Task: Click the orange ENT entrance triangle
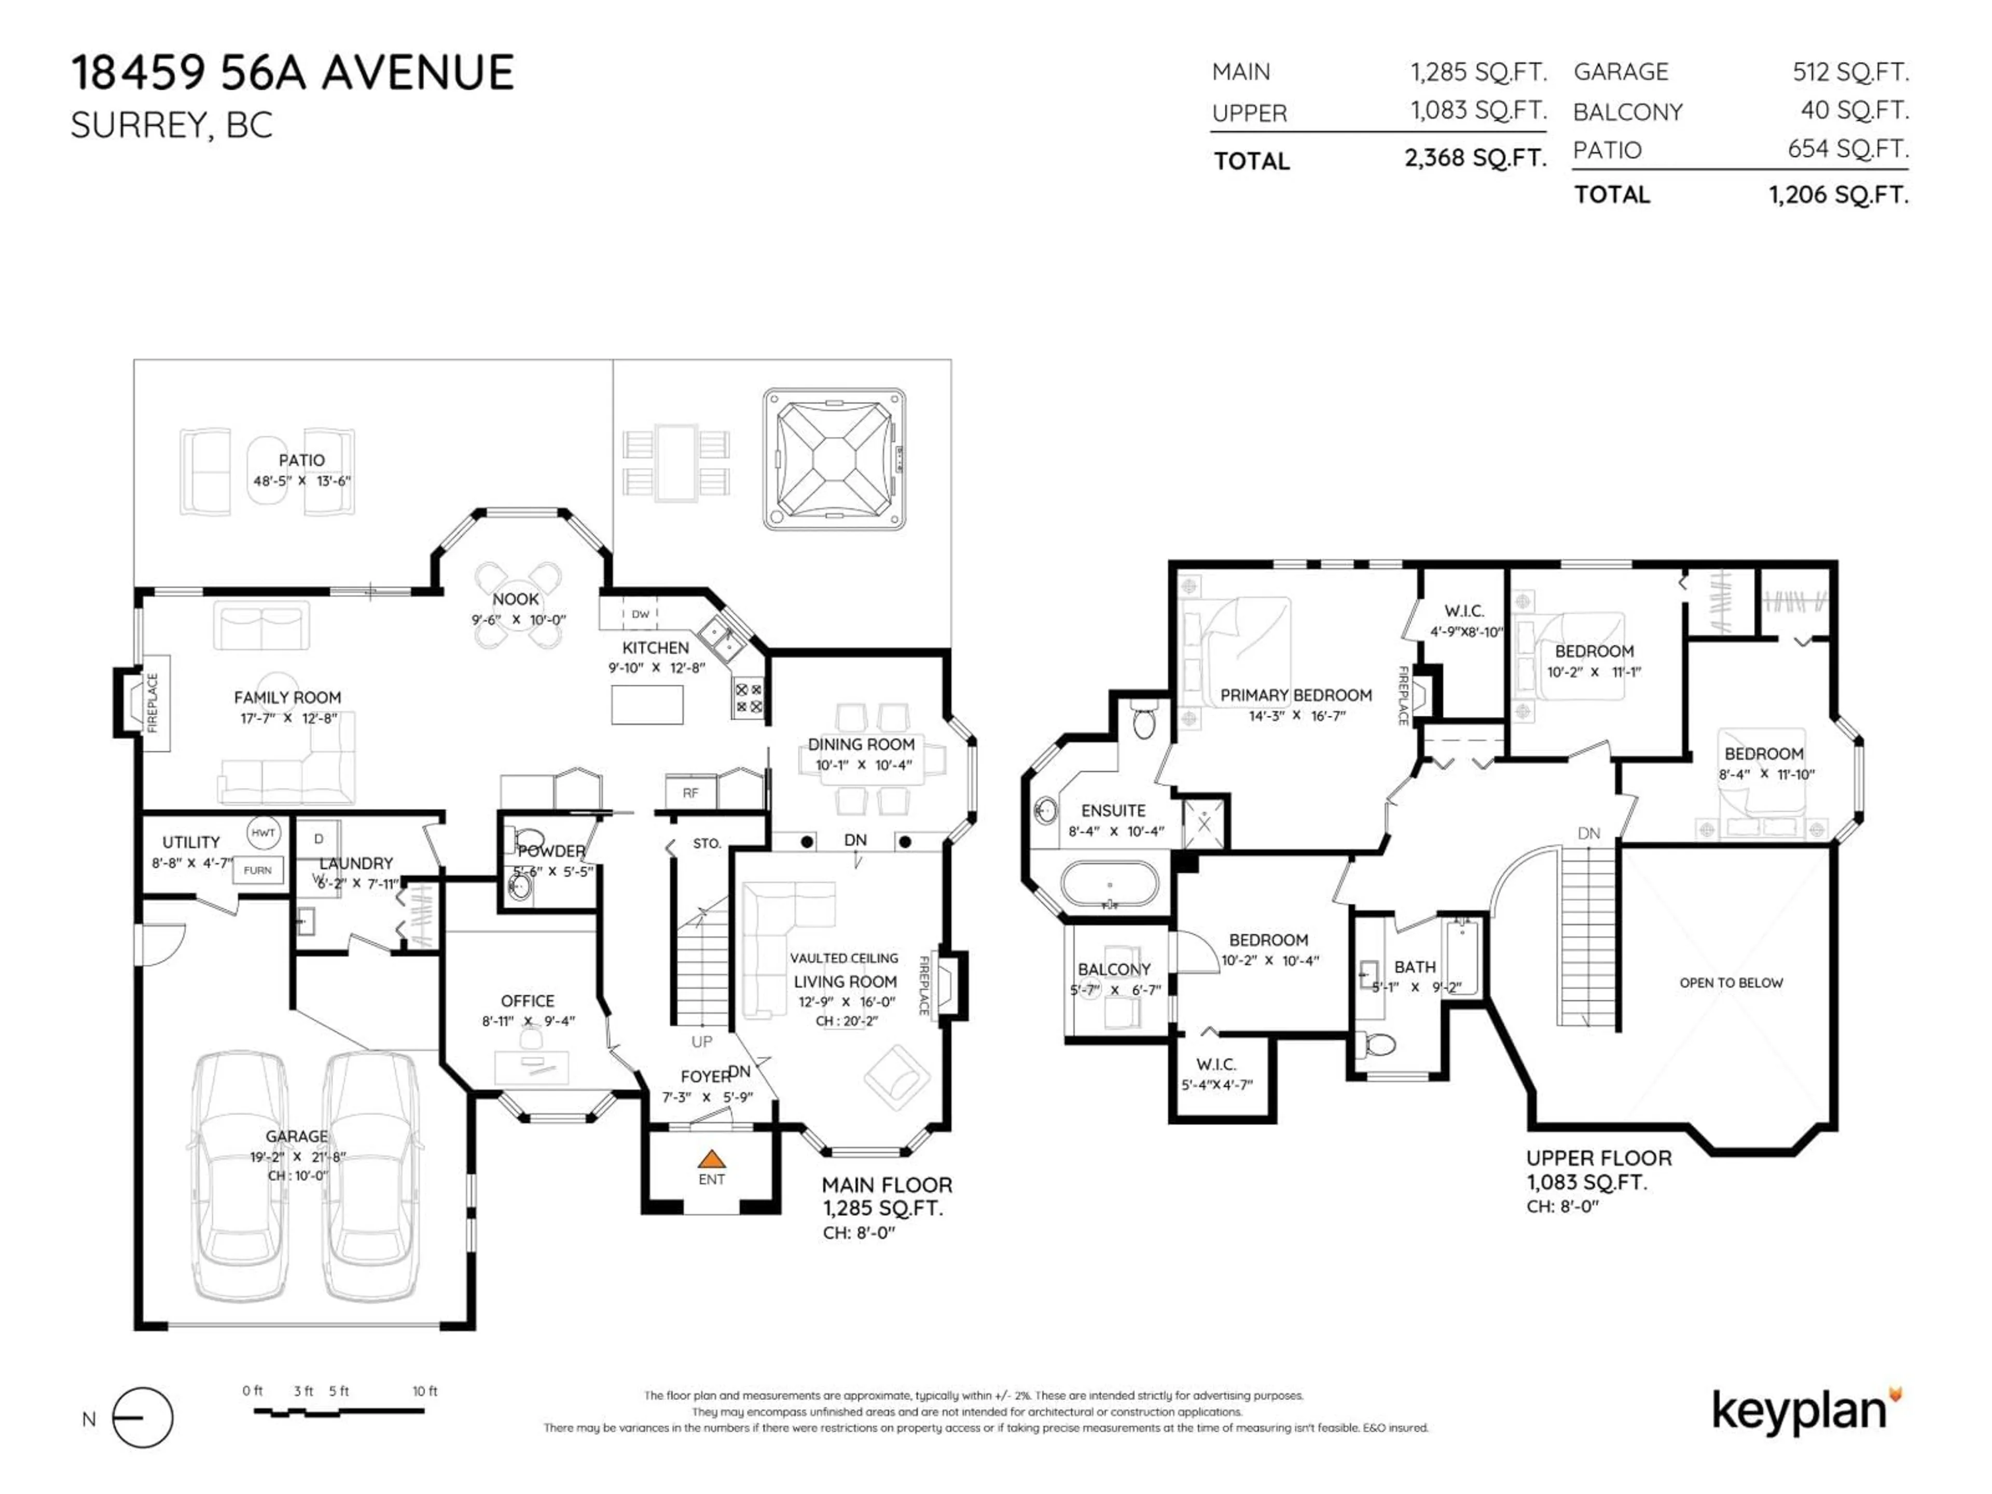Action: point(711,1159)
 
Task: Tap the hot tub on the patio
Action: point(834,459)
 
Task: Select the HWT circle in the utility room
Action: point(263,833)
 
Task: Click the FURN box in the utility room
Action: point(257,870)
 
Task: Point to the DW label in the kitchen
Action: point(640,614)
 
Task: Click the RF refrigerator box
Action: point(690,793)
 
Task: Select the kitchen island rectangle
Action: point(646,704)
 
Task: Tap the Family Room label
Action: point(287,697)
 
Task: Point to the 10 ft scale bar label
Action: point(424,1391)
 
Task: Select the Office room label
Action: point(527,1001)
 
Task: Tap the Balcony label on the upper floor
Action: point(1113,969)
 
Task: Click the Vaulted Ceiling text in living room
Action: point(844,958)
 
